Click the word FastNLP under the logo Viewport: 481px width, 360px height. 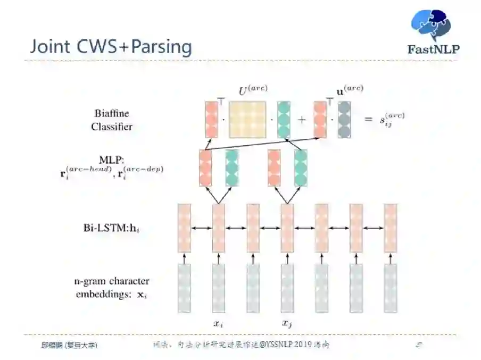tap(433, 50)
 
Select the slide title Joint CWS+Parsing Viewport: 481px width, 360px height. tap(111, 46)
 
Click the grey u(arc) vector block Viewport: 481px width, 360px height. tap(344, 120)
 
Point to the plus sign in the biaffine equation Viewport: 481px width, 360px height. tap(302, 120)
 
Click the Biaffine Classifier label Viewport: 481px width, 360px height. tap(112, 120)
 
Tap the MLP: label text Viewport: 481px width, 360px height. tap(112, 160)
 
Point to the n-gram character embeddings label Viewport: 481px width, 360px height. tap(112, 287)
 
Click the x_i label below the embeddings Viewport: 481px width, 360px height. tap(218, 323)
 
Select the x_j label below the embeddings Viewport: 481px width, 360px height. tap(287, 323)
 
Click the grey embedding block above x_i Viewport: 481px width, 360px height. tap(219, 288)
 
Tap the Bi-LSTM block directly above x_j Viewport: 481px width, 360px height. tap(287, 228)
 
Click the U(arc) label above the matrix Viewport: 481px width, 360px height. tap(253, 91)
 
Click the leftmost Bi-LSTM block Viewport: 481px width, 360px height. tap(184, 228)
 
